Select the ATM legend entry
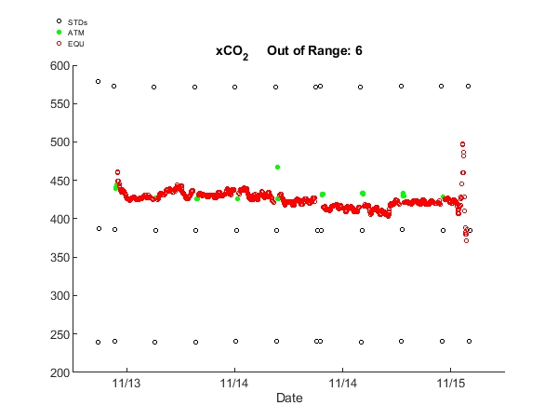click(x=75, y=32)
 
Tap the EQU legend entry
click(x=75, y=43)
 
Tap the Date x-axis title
click(x=288, y=398)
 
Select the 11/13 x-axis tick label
click(x=126, y=383)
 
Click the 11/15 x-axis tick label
click(x=451, y=383)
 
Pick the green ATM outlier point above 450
click(x=277, y=167)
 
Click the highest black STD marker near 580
click(x=98, y=81)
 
